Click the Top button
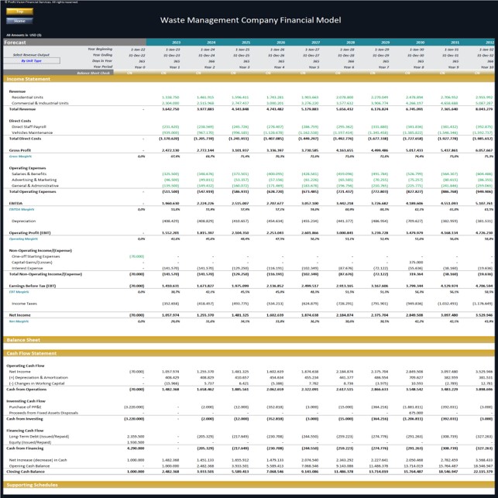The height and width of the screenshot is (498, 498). point(19,12)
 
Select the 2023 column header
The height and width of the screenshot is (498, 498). point(176,42)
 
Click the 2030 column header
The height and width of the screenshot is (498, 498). point(419,42)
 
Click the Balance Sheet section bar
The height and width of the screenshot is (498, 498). point(22,340)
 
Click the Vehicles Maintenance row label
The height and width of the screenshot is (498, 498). point(35,132)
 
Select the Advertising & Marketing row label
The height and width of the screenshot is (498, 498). point(38,178)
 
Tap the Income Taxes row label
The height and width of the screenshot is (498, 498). point(24,304)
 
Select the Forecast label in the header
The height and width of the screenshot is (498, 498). point(15,42)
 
